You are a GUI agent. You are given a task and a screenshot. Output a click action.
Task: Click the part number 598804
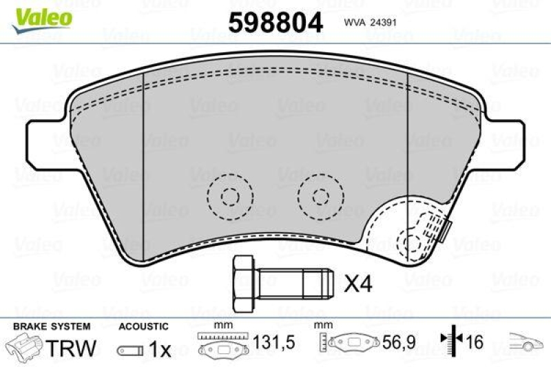(275, 22)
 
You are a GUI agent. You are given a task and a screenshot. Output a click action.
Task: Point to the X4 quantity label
(357, 282)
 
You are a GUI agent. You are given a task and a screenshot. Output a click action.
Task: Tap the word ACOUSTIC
(143, 326)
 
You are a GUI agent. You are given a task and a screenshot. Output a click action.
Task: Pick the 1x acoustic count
(160, 350)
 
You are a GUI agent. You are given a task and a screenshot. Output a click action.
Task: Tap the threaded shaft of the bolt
(297, 282)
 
